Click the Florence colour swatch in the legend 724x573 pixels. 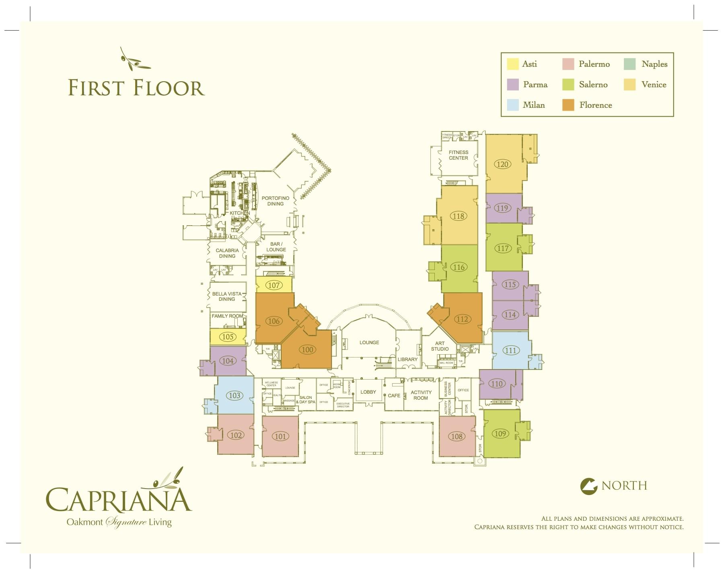[568, 105]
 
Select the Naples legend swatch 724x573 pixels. [629, 64]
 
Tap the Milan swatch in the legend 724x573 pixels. [512, 105]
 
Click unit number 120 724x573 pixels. [502, 164]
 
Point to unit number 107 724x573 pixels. [274, 285]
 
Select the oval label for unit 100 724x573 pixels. [307, 349]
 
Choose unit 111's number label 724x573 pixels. [510, 350]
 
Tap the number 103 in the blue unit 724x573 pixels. [234, 395]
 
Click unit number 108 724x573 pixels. [457, 436]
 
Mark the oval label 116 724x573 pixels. [459, 267]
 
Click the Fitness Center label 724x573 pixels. [459, 155]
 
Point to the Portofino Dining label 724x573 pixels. [276, 201]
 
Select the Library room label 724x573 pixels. [407, 359]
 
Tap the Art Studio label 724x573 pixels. [440, 346]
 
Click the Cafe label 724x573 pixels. [394, 396]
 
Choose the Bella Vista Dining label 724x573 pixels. [227, 296]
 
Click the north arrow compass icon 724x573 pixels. [589, 486]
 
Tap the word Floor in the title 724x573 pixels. [169, 88]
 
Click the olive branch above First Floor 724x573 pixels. [134, 60]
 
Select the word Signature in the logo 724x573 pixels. [126, 522]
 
